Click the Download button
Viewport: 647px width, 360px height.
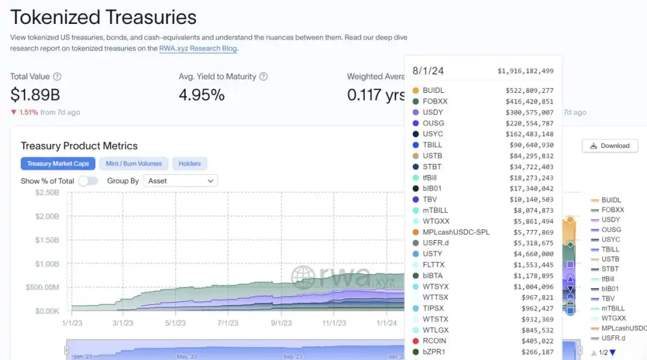coord(610,146)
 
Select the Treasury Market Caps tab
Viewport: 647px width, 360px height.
coord(58,164)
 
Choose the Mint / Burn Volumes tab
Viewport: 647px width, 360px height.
coord(134,164)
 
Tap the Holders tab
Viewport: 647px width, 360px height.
coord(189,164)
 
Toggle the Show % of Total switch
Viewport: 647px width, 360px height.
coord(87,181)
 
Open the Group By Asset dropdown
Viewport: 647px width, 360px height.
coord(180,181)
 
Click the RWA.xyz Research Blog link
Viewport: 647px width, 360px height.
coord(198,49)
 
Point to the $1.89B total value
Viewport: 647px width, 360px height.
coord(35,95)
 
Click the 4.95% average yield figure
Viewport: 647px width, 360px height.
coord(202,95)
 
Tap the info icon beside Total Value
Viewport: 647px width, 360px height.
coord(57,77)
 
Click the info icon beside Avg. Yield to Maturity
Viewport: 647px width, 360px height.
coord(263,77)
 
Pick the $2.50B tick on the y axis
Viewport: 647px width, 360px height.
coord(47,192)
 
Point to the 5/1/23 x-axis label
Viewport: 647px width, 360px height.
coord(176,323)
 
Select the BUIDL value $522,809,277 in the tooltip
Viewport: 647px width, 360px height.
coord(530,90)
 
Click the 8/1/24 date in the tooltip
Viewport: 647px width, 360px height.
coord(428,71)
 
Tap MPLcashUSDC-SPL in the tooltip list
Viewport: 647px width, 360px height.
coord(456,232)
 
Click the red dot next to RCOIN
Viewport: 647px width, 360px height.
coord(416,341)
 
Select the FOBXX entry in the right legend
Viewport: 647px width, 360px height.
coord(612,210)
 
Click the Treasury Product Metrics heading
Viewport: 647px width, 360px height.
coord(79,146)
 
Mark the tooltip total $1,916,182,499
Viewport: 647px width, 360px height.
coord(525,71)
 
